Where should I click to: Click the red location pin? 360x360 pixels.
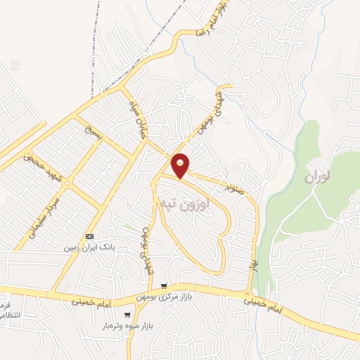pyautogui.click(x=181, y=165)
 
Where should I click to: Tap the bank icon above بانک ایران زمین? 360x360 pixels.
pyautogui.click(x=89, y=236)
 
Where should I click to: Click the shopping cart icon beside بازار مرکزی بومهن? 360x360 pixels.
pyautogui.click(x=163, y=286)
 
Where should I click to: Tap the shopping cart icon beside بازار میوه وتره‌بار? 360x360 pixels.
pyautogui.click(x=127, y=315)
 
